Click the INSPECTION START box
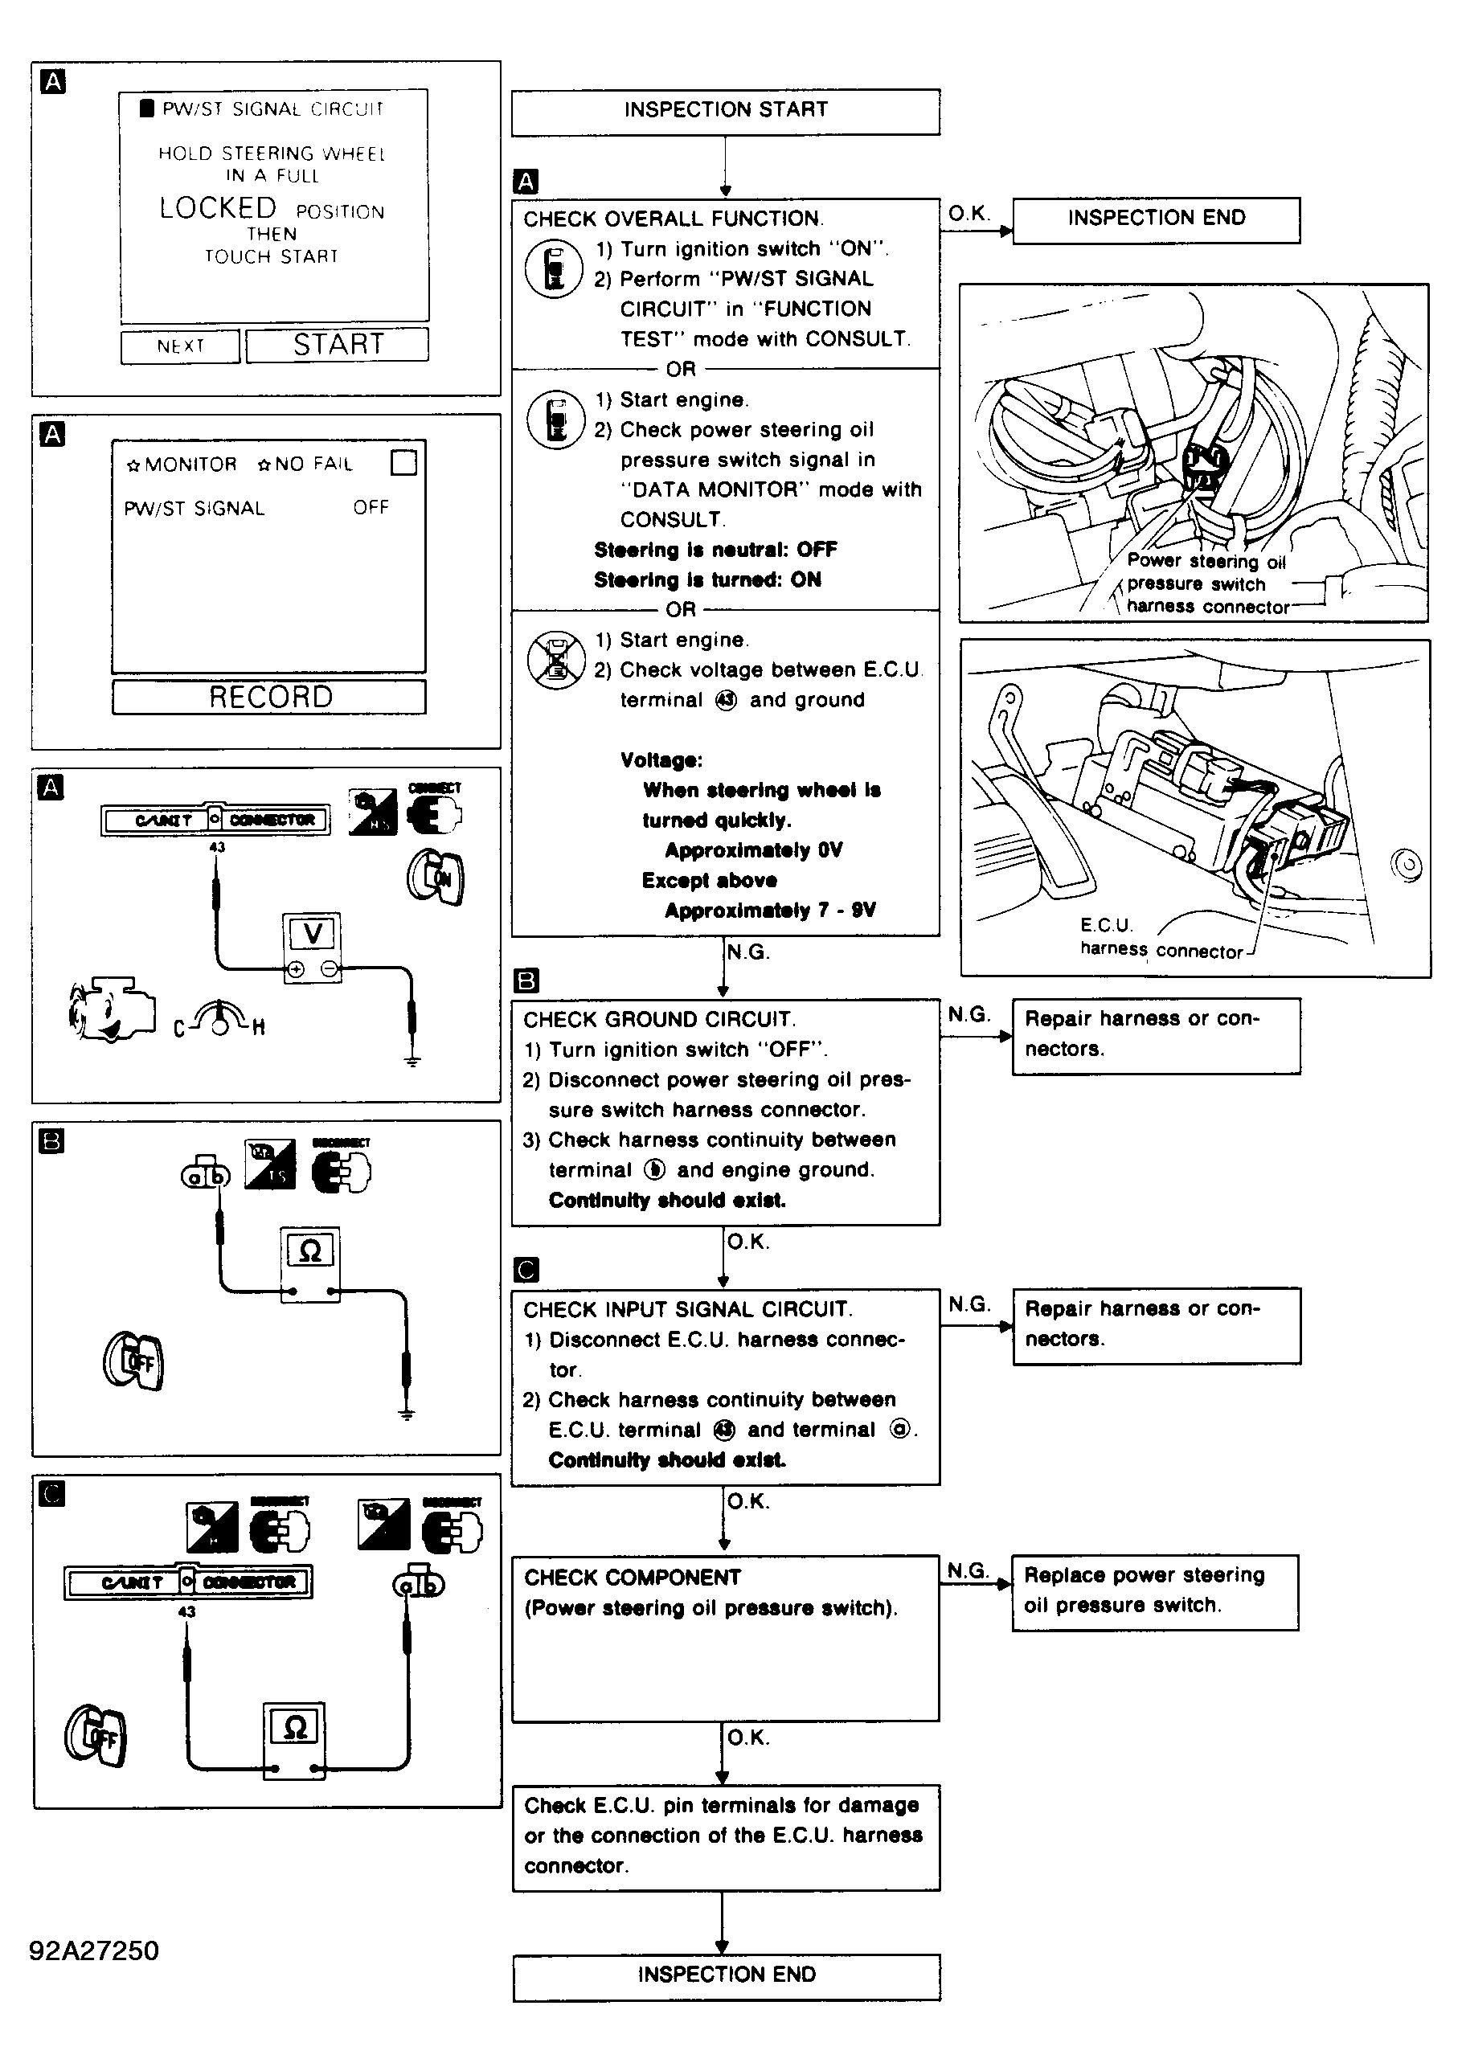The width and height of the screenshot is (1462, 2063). click(725, 111)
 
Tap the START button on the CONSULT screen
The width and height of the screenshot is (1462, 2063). click(338, 345)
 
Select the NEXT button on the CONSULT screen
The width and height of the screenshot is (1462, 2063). click(180, 346)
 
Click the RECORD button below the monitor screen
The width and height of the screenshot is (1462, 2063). click(269, 698)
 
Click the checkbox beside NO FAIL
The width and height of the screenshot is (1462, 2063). click(404, 463)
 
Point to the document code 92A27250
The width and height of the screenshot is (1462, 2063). click(93, 1951)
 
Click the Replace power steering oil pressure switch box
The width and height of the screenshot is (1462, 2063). click(1154, 1590)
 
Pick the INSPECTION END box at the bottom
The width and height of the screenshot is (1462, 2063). click(726, 1975)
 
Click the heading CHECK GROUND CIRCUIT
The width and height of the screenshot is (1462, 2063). click(659, 1020)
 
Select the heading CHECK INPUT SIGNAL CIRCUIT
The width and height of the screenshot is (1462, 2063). click(688, 1310)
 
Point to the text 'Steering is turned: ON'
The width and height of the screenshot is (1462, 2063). click(707, 580)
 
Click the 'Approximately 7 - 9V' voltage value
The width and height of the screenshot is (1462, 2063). click(770, 911)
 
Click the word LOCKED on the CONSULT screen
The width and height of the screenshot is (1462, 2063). click(218, 209)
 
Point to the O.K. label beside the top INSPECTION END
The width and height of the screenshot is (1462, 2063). click(969, 215)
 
